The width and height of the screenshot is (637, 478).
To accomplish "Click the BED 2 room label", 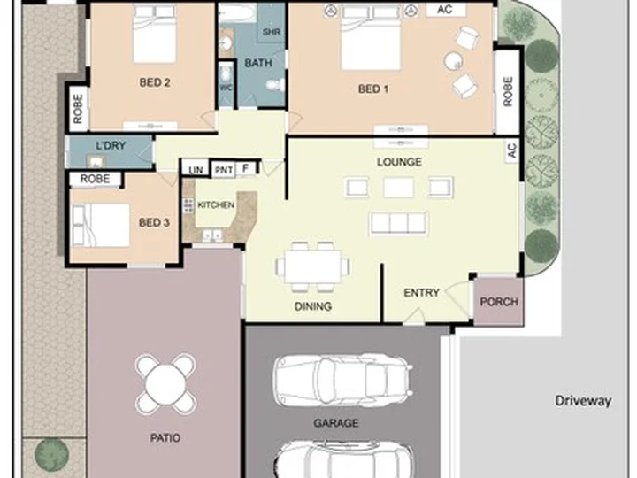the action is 154,82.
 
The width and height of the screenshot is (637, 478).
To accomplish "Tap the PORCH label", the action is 499,302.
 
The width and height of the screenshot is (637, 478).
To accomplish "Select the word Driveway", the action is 583,401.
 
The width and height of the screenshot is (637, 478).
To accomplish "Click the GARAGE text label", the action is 336,423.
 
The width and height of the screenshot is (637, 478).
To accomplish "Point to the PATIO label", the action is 165,438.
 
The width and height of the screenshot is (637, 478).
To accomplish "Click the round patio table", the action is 165,383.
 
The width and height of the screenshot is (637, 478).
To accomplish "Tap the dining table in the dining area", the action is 312,266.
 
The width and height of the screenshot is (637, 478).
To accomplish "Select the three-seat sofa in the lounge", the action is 398,223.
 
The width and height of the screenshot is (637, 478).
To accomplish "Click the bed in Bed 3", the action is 100,225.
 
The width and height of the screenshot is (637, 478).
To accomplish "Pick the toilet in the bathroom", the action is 276,85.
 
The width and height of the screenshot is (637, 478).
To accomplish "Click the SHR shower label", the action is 272,32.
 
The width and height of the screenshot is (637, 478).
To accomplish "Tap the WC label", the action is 226,88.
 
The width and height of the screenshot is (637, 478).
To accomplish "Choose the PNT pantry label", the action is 224,170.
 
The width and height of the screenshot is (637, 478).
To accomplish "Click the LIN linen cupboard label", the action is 196,169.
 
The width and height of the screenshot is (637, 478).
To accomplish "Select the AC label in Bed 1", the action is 445,10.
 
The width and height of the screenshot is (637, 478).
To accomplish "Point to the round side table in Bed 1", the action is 453,61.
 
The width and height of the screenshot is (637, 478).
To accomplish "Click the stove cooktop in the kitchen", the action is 188,205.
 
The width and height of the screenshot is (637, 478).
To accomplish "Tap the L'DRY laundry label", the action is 111,145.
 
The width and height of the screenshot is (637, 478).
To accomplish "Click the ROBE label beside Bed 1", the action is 508,92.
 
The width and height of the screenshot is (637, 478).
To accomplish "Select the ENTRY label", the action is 421,293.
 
